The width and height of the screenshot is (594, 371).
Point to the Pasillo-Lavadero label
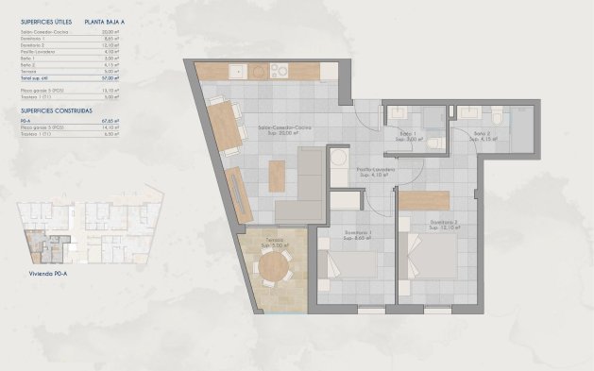tap(375, 171)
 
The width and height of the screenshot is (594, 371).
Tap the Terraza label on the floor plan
tap(274, 242)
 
